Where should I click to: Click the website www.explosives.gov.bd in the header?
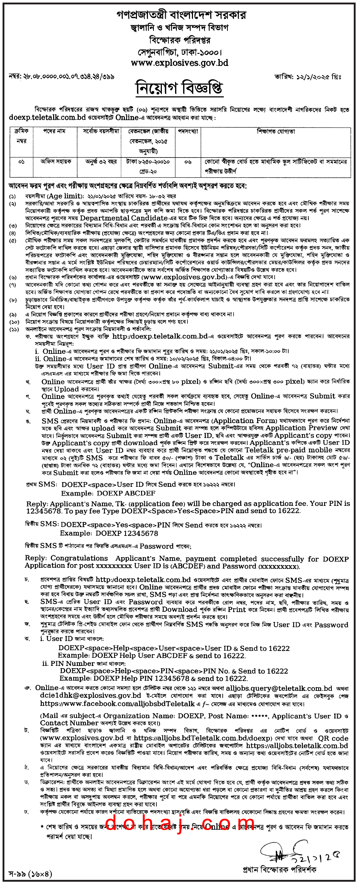coord(179,63)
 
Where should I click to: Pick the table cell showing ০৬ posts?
coord(188,162)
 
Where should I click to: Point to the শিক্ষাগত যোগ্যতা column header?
coord(275,131)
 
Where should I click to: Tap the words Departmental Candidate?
coord(124,218)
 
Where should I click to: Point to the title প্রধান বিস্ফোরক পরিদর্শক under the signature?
coord(279,869)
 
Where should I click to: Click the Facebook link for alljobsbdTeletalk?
coord(118,703)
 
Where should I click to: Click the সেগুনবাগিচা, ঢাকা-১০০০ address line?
coord(180,52)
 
